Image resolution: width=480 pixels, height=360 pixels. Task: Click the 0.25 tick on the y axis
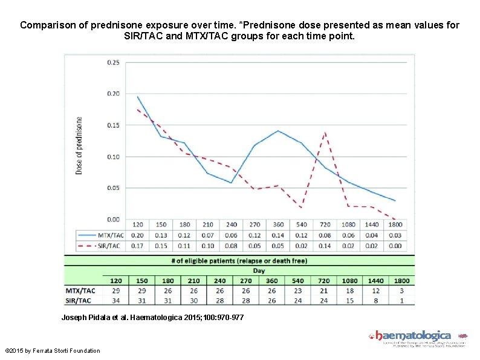click(113, 62)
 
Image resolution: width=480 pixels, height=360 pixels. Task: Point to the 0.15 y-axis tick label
click(113, 125)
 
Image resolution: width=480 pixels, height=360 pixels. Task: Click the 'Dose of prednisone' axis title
click(79, 146)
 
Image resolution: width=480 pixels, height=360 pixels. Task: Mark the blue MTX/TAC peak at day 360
click(278, 131)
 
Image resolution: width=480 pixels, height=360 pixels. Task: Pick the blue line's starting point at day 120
click(137, 97)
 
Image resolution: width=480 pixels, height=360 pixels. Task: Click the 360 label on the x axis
click(278, 224)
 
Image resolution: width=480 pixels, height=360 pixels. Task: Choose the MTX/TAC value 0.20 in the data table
click(137, 235)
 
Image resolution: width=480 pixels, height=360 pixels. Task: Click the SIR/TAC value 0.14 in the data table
click(325, 246)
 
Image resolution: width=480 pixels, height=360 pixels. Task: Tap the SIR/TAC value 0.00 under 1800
click(396, 246)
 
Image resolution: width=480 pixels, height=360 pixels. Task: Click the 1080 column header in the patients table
click(351, 280)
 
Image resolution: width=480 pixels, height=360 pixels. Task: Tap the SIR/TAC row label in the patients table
click(80, 299)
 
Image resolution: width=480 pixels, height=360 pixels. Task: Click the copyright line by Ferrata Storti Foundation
click(53, 351)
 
